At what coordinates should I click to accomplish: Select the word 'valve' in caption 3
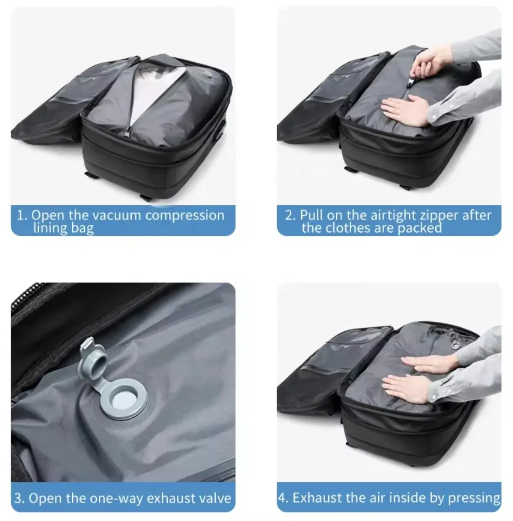point(213,498)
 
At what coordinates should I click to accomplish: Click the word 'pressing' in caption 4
point(474,498)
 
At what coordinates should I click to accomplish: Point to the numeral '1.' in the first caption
point(22,215)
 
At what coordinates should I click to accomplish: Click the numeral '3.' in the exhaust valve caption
point(19,498)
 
